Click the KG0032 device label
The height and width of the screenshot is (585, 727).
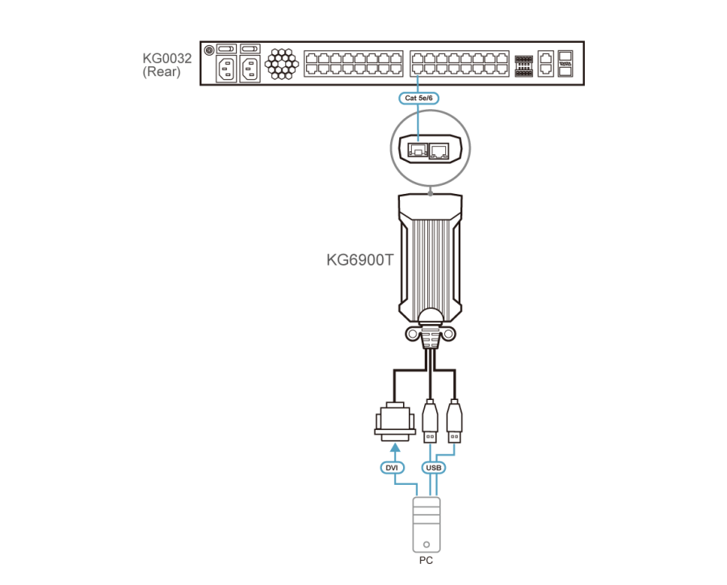point(167,58)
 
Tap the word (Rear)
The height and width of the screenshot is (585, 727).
point(162,72)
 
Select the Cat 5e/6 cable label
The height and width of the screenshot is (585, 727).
point(418,98)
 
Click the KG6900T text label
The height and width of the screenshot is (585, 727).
point(359,260)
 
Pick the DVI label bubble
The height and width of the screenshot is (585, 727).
point(392,468)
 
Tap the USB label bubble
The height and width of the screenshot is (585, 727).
point(434,468)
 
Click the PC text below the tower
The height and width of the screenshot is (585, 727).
point(426,561)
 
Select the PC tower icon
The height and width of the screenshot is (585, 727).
point(426,524)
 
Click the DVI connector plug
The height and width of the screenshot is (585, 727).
point(394,421)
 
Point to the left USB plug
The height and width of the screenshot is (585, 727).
point(431,421)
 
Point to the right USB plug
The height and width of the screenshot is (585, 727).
point(454,421)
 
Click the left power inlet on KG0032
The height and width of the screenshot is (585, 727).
point(226,69)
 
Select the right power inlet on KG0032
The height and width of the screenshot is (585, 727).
point(250,69)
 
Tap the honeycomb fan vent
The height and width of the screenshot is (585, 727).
point(281,64)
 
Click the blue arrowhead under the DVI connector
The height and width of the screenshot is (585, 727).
point(395,447)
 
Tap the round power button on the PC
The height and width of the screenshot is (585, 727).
point(426,544)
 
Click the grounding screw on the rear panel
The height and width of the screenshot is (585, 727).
point(209,49)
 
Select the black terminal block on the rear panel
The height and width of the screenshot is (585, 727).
point(524,66)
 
